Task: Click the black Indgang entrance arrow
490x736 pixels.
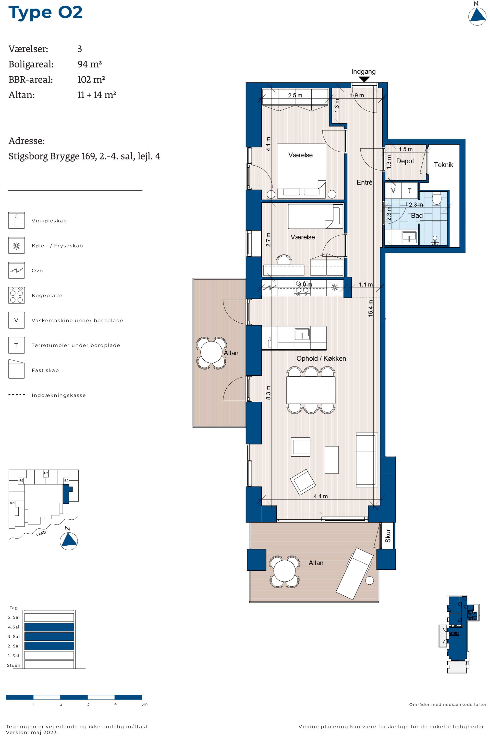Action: [x=364, y=79]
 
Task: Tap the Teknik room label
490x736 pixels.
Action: [x=443, y=165]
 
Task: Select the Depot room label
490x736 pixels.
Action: [x=405, y=161]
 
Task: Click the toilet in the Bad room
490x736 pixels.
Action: [x=436, y=198]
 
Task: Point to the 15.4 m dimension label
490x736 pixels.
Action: [x=371, y=308]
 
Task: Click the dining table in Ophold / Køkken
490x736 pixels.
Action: [x=311, y=390]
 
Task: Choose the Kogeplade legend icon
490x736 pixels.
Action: [x=16, y=295]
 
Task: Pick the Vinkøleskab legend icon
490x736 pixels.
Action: [x=16, y=221]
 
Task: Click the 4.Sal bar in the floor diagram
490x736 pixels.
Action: [x=49, y=627]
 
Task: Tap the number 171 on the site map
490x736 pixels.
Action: [x=46, y=473]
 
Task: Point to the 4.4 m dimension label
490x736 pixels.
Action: [x=321, y=496]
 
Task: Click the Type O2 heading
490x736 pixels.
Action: [x=46, y=13]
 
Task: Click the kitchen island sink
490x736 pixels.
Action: [x=302, y=334]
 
